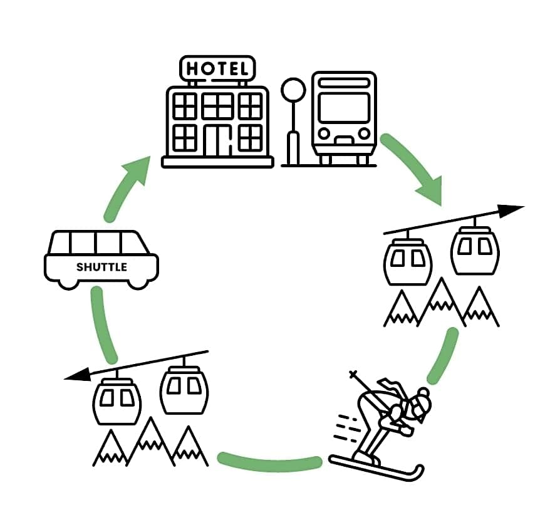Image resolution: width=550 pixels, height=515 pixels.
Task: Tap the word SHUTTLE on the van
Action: coord(101,267)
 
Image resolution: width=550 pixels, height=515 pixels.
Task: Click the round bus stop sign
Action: coord(292,91)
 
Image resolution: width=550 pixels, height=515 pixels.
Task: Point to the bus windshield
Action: coord(343,108)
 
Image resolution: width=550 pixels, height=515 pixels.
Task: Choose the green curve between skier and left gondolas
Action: coord(269,462)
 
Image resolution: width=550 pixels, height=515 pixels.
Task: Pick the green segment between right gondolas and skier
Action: coord(442,355)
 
